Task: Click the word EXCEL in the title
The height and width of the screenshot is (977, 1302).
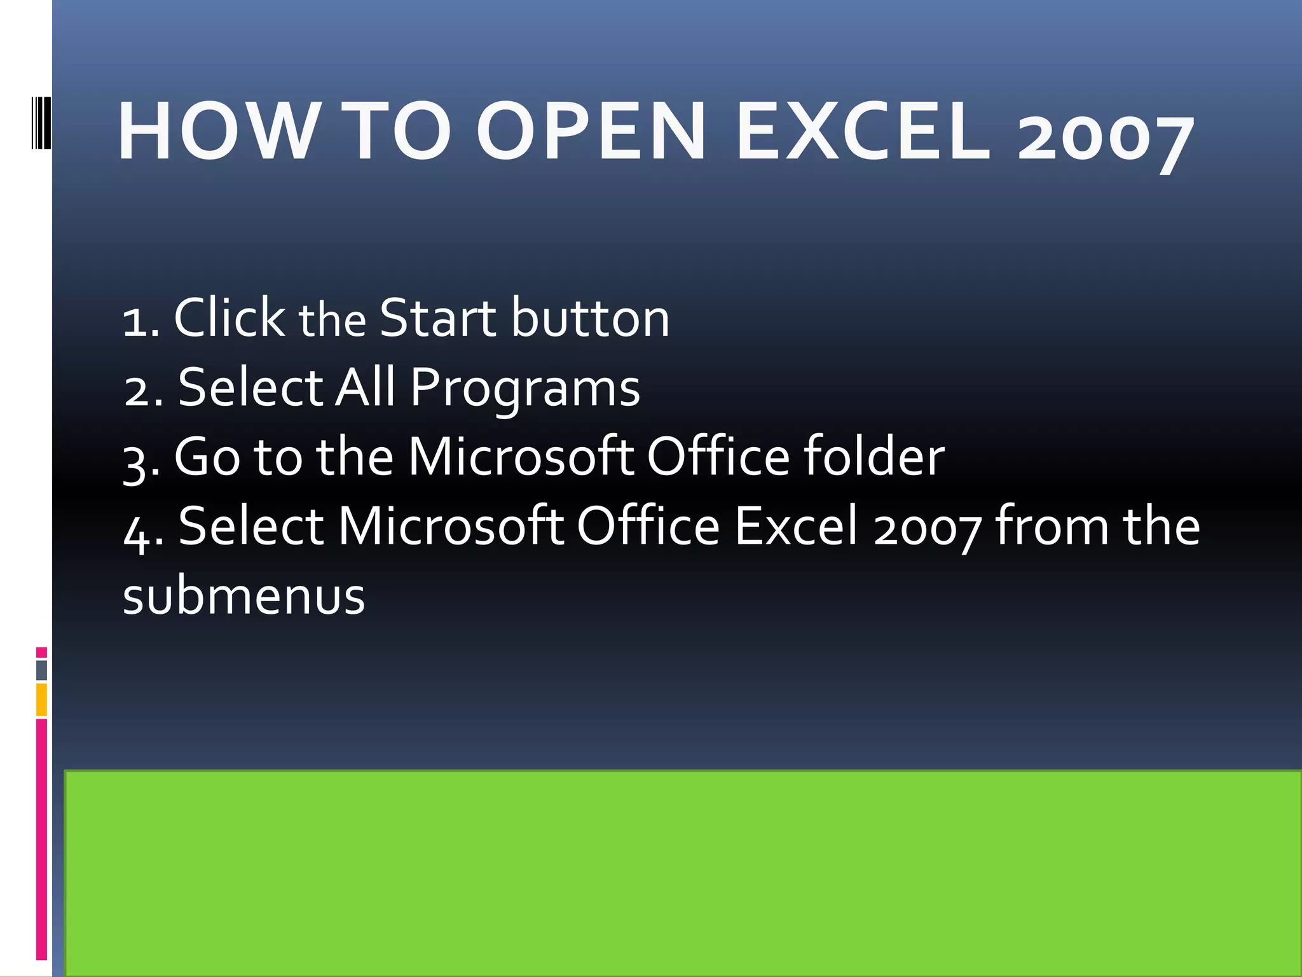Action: (x=863, y=132)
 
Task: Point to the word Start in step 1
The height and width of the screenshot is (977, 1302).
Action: (x=437, y=317)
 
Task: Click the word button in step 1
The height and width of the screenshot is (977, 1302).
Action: (x=591, y=317)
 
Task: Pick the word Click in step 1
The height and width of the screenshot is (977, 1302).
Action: (x=229, y=317)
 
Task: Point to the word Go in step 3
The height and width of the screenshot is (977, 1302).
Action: (x=207, y=456)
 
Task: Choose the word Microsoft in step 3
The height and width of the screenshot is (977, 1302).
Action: (x=520, y=456)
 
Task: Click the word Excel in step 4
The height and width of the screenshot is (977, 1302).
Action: (x=797, y=526)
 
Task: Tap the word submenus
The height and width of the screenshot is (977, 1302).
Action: (x=243, y=596)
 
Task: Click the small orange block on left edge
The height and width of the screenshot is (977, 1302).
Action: (x=41, y=700)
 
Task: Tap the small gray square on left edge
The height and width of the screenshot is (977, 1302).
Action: (x=41, y=670)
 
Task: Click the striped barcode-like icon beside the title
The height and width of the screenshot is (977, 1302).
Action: (x=41, y=123)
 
